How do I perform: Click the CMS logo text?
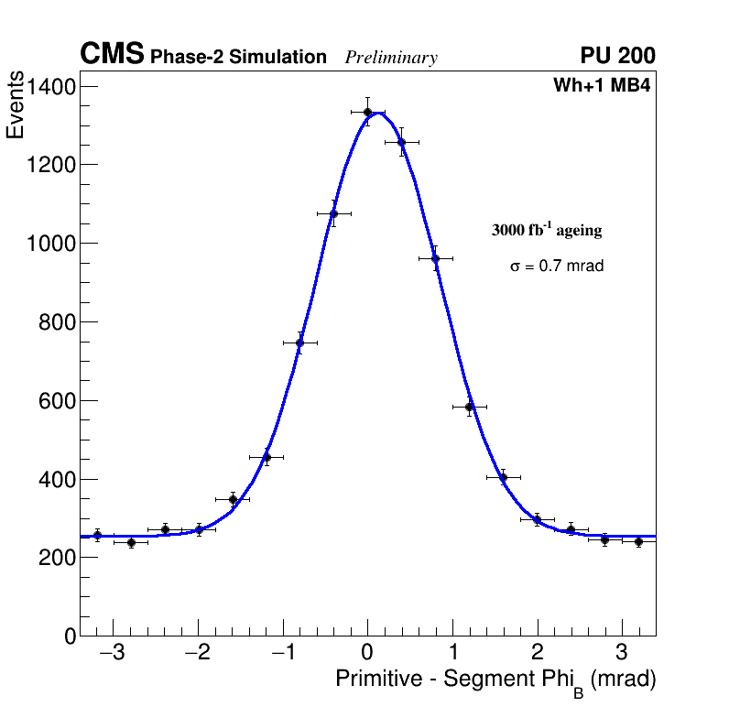(112, 55)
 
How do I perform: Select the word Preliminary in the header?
(391, 58)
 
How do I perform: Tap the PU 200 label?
(617, 56)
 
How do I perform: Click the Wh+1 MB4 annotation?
(601, 86)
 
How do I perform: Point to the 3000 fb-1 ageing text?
(547, 230)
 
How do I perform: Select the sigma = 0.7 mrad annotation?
(557, 266)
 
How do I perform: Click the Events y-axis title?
(16, 106)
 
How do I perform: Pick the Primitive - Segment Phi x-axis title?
(495, 680)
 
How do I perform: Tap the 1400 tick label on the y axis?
(51, 87)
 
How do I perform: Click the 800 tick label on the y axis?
(58, 322)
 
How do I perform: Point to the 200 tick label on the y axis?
(58, 558)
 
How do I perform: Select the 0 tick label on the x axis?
(367, 655)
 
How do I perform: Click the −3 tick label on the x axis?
(112, 655)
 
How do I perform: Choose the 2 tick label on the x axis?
(538, 655)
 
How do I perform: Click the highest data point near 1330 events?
(367, 113)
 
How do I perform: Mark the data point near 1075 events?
(333, 213)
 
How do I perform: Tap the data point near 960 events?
(436, 258)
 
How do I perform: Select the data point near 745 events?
(299, 343)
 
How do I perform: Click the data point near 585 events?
(470, 407)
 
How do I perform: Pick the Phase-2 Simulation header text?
(238, 58)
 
